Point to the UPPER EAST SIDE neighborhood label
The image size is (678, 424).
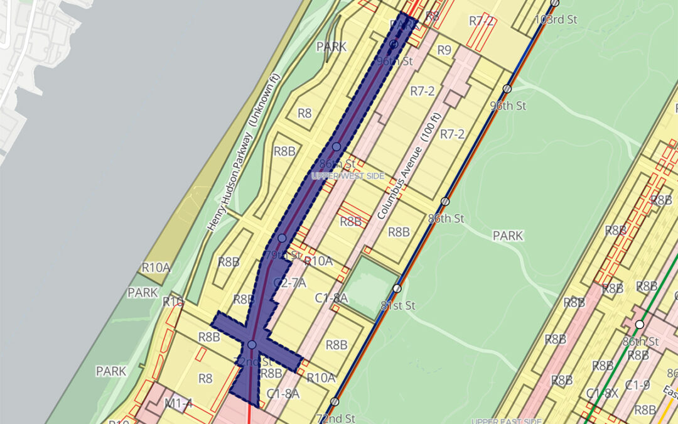[505, 421]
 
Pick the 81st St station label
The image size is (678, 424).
[399, 306]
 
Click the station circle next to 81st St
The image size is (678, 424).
[397, 288]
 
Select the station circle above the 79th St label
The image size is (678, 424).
[282, 238]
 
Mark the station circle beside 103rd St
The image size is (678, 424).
[554, 3]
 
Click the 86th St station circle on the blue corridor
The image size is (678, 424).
[336, 146]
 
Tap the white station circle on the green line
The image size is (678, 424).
[639, 324]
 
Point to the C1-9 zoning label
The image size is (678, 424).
[637, 385]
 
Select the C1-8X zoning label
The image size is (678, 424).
[601, 394]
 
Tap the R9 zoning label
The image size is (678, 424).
[444, 50]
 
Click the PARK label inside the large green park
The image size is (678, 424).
[507, 236]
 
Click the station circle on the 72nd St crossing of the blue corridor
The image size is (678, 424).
[252, 345]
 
